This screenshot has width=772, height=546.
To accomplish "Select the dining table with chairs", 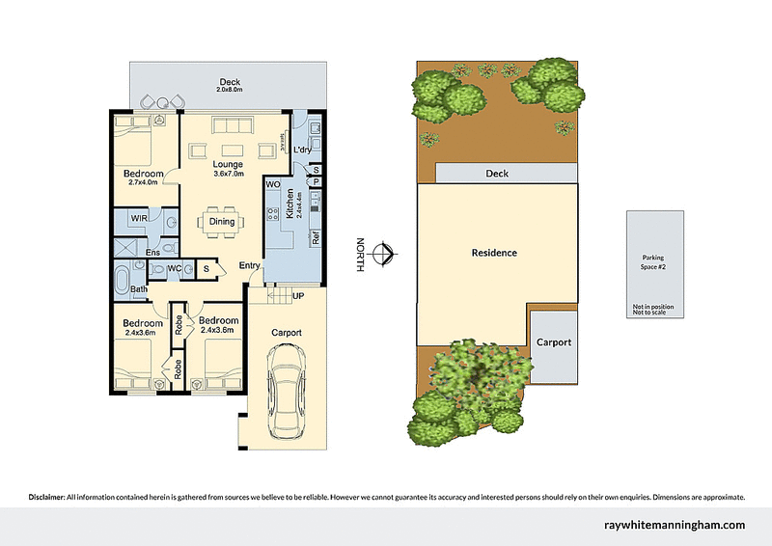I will pyautogui.click(x=221, y=222).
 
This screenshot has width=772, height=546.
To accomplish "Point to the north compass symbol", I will pyautogui.click(x=384, y=254).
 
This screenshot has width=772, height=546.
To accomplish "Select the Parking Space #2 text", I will pyautogui.click(x=653, y=261).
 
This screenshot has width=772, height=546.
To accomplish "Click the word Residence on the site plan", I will pyautogui.click(x=494, y=253).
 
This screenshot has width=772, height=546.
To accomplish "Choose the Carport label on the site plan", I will pyautogui.click(x=554, y=342).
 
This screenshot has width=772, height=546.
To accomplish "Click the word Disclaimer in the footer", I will pyautogui.click(x=44, y=497).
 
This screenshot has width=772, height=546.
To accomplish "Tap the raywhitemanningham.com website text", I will pyautogui.click(x=673, y=525).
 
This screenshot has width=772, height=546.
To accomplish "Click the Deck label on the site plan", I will pyautogui.click(x=496, y=174).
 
